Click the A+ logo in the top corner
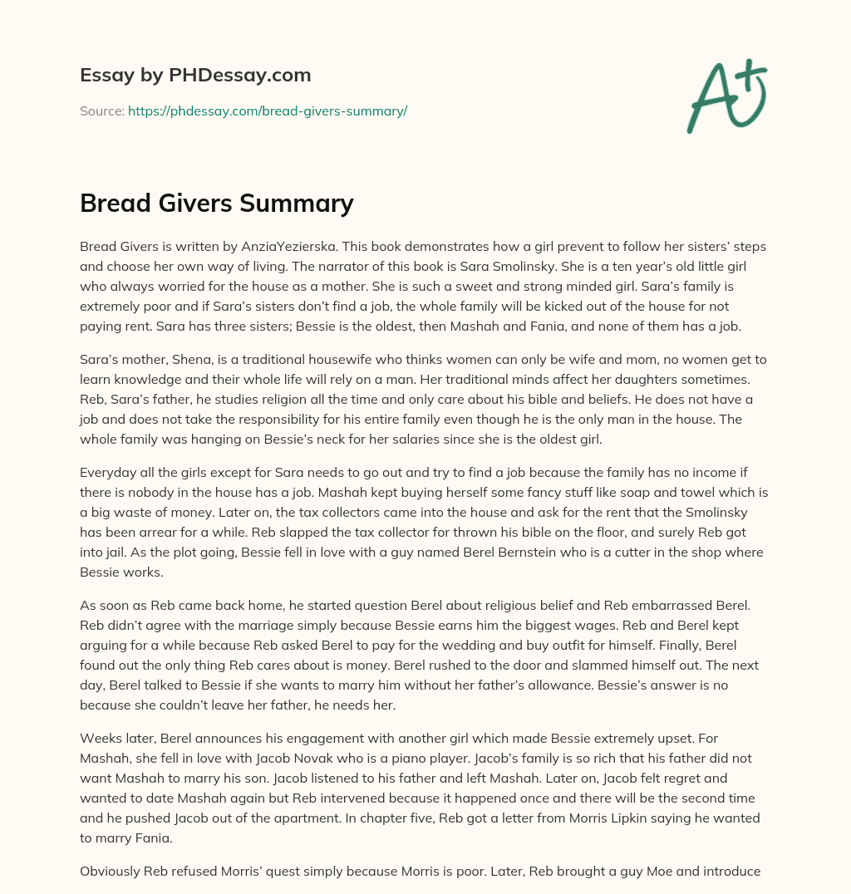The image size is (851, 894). (x=726, y=98)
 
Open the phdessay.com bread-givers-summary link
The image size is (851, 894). (x=267, y=111)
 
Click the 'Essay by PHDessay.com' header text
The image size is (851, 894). (x=195, y=75)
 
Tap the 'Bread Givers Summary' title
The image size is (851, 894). (x=216, y=203)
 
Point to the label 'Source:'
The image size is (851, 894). (x=101, y=111)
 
